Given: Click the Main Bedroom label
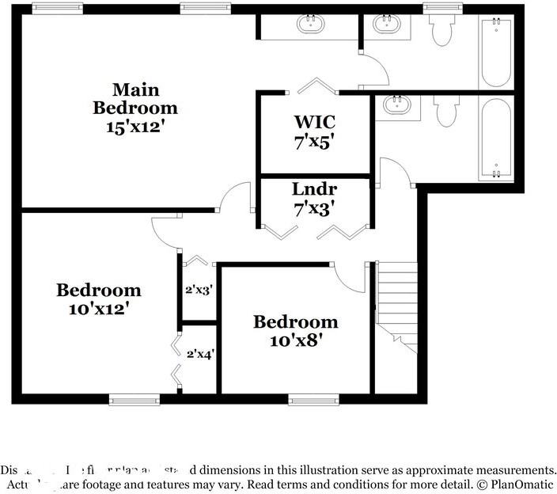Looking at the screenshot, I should coord(135,98).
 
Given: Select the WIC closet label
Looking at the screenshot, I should coord(315,122).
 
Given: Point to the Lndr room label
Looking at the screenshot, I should coord(315,189).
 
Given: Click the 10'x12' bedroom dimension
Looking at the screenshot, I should coord(99,309).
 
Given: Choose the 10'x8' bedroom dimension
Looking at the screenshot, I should coord(295,340).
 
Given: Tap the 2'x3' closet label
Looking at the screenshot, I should coord(199,290).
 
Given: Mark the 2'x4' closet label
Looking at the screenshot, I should coord(199,355).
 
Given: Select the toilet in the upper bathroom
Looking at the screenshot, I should coord(441,30).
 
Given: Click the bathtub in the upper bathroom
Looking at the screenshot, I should coord(496,51).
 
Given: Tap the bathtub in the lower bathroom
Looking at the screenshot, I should coord(496,139).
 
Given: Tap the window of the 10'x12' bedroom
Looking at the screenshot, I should coord(134,400).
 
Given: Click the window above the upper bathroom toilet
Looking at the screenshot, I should coord(442,8).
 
